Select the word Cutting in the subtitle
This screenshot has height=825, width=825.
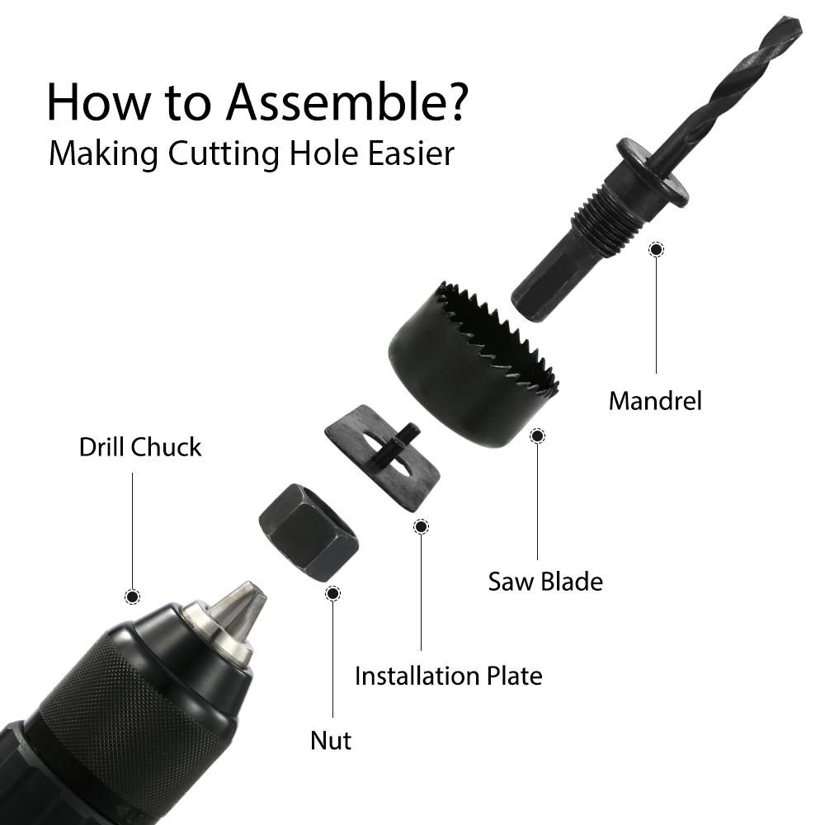coord(224,155)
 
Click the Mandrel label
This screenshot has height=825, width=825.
coord(655,401)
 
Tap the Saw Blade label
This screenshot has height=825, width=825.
coord(545,582)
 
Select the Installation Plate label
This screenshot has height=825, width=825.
coord(448,676)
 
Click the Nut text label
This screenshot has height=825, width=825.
coord(331,740)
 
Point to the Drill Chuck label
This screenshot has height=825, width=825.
coord(140,447)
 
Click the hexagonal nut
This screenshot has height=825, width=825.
coord(309,532)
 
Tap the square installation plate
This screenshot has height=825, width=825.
coord(383,458)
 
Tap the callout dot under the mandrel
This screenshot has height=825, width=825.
coord(656,249)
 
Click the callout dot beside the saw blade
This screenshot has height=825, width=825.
coord(537,436)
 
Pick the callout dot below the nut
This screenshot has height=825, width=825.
coord(332,593)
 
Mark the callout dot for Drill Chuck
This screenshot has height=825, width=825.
coord(132,596)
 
